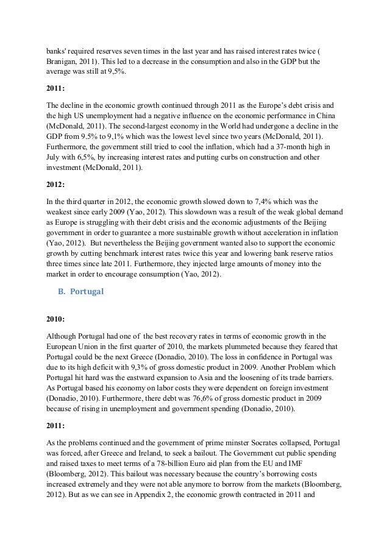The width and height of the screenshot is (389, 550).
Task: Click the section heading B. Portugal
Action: click(80, 291)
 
